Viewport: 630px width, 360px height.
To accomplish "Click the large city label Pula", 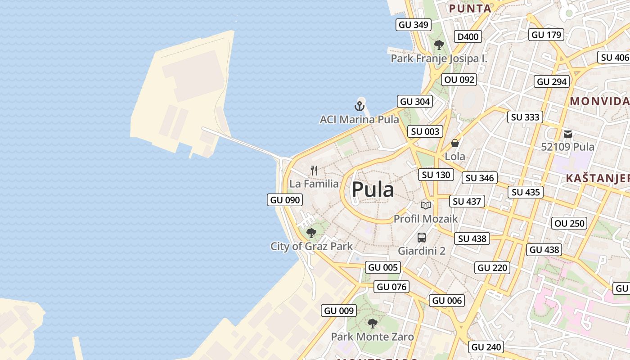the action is pyautogui.click(x=373, y=189).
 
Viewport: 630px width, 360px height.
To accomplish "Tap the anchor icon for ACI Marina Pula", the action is pyautogui.click(x=359, y=106).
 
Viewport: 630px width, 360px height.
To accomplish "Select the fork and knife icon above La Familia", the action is pyautogui.click(x=314, y=171).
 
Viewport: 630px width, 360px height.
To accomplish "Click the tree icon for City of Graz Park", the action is pyautogui.click(x=311, y=233).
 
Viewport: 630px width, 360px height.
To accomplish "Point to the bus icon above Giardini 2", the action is pyautogui.click(x=422, y=237).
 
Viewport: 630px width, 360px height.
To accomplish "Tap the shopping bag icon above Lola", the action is pyautogui.click(x=455, y=143).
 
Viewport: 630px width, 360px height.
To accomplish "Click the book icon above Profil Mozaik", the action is pyautogui.click(x=425, y=205).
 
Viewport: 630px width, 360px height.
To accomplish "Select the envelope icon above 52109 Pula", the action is pyautogui.click(x=567, y=134).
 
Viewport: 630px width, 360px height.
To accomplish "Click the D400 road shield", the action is pyautogui.click(x=468, y=37).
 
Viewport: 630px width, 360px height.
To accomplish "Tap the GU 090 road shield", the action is pyautogui.click(x=285, y=200).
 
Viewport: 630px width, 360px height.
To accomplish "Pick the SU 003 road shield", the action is pyautogui.click(x=425, y=131).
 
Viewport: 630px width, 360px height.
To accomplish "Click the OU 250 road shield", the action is pyautogui.click(x=569, y=223).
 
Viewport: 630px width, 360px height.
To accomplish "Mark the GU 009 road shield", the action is pyautogui.click(x=339, y=310).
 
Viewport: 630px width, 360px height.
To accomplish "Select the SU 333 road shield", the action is pyautogui.click(x=525, y=117).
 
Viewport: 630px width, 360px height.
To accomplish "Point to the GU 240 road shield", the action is pyautogui.click(x=486, y=347).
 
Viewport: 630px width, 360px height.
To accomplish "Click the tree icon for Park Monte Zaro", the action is pyautogui.click(x=372, y=323).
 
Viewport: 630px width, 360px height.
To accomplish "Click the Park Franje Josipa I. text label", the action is pyautogui.click(x=439, y=58).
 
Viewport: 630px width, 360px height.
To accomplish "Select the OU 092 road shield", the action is pyautogui.click(x=459, y=80).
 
